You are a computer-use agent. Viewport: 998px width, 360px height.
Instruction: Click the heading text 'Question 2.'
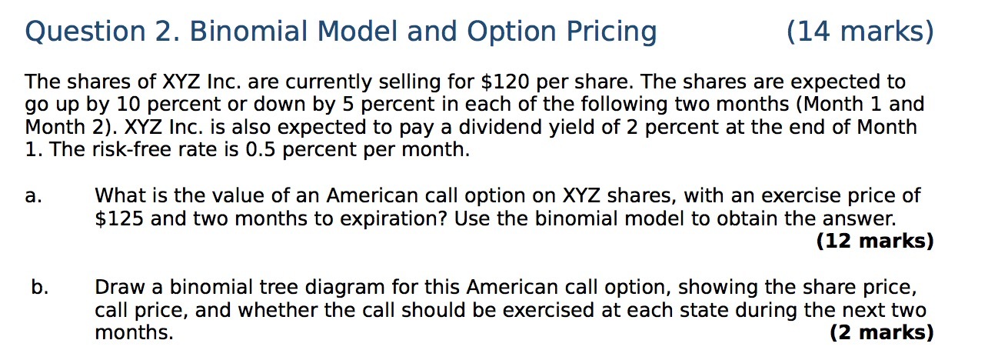[x=100, y=32]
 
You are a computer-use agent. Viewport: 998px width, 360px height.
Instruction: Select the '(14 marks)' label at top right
[x=860, y=32]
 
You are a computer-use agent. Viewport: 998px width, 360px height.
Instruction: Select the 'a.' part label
[x=33, y=196]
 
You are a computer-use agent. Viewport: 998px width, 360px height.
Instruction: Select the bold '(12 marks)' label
[x=875, y=242]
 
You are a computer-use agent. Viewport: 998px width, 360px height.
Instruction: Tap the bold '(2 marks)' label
[x=882, y=333]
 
